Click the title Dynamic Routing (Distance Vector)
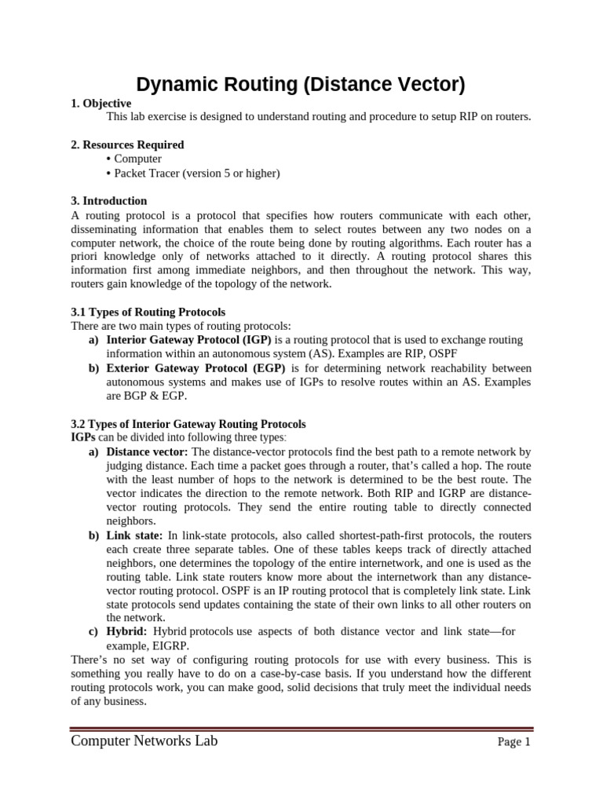pyautogui.click(x=301, y=85)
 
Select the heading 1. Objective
pyautogui.click(x=101, y=104)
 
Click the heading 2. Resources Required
pyautogui.click(x=127, y=144)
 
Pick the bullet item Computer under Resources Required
pyautogui.click(x=137, y=159)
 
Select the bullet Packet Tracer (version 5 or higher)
pyautogui.click(x=196, y=173)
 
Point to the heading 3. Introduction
pyautogui.click(x=108, y=201)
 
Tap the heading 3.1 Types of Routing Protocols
pyautogui.click(x=148, y=312)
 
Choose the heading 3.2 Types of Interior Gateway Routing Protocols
pyautogui.click(x=188, y=424)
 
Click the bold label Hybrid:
pyautogui.click(x=126, y=631)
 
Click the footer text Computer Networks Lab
pyautogui.click(x=144, y=741)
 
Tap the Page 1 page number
pyautogui.click(x=514, y=743)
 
